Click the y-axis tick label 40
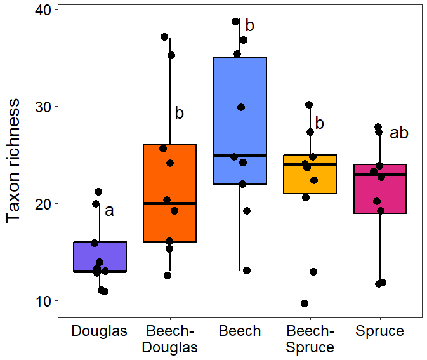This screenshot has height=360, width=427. (x=45, y=9)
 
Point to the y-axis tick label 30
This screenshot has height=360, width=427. (x=45, y=106)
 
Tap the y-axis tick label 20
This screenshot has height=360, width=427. (x=45, y=203)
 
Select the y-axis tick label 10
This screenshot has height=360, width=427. (x=45, y=300)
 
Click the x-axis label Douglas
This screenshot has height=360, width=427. (x=100, y=331)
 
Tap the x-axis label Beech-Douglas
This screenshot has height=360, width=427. (x=169, y=339)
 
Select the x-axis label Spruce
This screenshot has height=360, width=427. (x=379, y=331)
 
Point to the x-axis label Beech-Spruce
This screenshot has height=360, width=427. (x=310, y=339)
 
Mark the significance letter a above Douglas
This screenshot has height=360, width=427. (x=109, y=211)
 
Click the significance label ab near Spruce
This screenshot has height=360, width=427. (x=398, y=133)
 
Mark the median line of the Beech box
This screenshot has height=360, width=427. (x=240, y=155)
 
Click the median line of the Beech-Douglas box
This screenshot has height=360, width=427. (x=169, y=203)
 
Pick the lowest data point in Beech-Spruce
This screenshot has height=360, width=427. (x=305, y=303)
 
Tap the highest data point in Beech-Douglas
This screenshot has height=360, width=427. (x=164, y=37)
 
